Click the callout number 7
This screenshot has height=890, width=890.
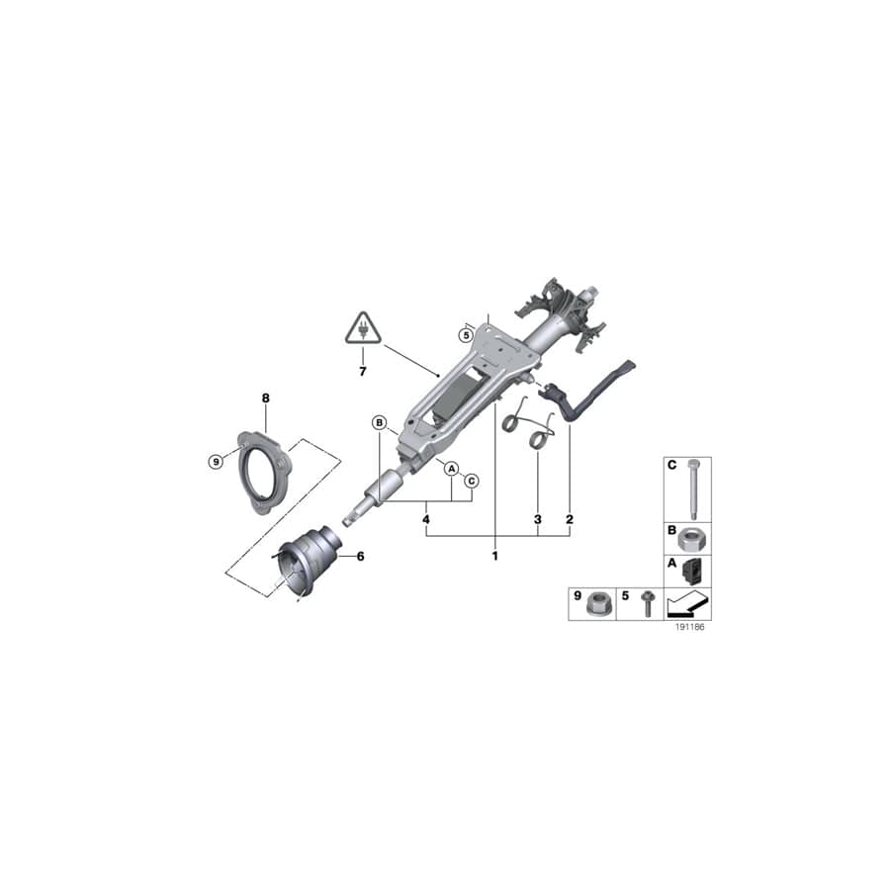click(x=363, y=371)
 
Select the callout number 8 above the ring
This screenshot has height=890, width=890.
click(x=265, y=398)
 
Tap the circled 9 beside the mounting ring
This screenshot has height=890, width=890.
click(x=217, y=460)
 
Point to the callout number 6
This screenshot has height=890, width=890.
click(x=360, y=557)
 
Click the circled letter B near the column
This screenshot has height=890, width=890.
click(x=379, y=423)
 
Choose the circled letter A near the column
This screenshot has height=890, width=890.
click(x=451, y=468)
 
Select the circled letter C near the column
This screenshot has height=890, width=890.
click(x=472, y=481)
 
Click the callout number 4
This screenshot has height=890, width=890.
click(x=426, y=518)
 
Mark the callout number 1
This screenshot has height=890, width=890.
click(x=494, y=556)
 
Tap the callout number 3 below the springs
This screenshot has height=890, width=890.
click(x=538, y=518)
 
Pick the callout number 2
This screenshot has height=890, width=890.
click(x=570, y=518)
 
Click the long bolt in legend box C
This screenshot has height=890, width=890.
click(x=693, y=490)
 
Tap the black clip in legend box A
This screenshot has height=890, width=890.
click(x=694, y=571)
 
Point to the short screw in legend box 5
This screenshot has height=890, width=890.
click(x=647, y=603)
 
